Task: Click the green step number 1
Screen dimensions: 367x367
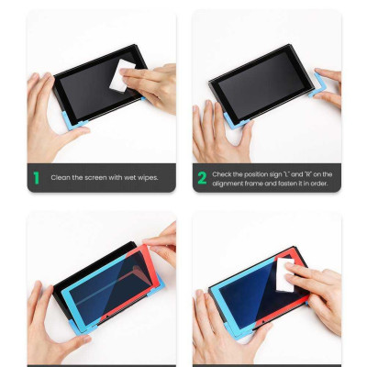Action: pyautogui.click(x=35, y=178)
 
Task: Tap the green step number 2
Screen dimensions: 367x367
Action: pyautogui.click(x=200, y=178)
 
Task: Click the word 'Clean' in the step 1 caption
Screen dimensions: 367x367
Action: pyautogui.click(x=61, y=178)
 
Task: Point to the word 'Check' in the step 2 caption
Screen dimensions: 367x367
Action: pyautogui.click(x=224, y=173)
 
